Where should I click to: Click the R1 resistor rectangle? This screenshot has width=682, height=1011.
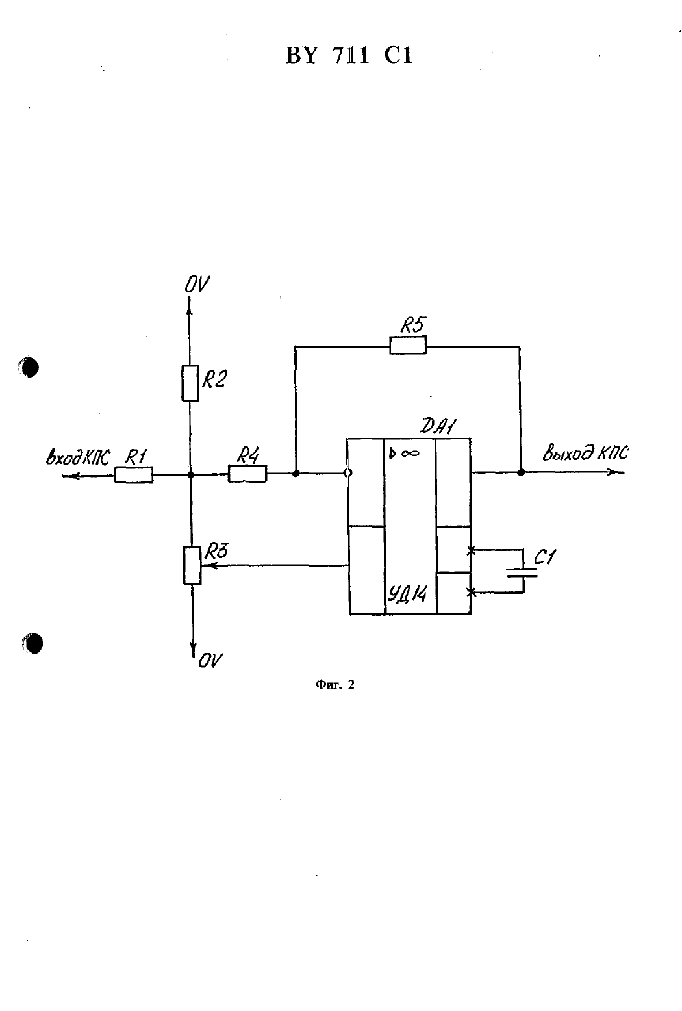click(x=134, y=475)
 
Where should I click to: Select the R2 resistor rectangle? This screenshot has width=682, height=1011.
click(x=190, y=383)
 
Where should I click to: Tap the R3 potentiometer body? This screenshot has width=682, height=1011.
click(x=192, y=565)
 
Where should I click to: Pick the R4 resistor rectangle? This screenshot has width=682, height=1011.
click(x=247, y=474)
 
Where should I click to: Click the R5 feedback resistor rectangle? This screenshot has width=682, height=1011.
click(x=408, y=345)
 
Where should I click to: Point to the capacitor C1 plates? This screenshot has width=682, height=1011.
click(x=522, y=573)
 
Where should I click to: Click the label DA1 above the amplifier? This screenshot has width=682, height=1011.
click(x=438, y=426)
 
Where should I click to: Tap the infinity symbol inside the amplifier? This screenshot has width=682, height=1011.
click(x=410, y=453)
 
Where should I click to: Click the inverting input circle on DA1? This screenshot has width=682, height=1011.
click(x=347, y=473)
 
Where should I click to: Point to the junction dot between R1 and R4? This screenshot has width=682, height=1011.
click(x=190, y=475)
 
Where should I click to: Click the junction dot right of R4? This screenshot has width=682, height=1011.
click(x=296, y=473)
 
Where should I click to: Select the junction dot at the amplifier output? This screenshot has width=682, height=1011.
click(x=521, y=472)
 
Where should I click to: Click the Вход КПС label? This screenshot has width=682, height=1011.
click(x=77, y=457)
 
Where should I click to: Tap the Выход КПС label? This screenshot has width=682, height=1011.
click(x=586, y=453)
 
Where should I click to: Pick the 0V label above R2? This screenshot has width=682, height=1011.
click(x=197, y=285)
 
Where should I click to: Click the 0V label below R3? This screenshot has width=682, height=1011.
click(x=210, y=661)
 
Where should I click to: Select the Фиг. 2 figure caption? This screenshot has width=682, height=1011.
click(x=335, y=685)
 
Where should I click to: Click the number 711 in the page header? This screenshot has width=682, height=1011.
click(x=351, y=56)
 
